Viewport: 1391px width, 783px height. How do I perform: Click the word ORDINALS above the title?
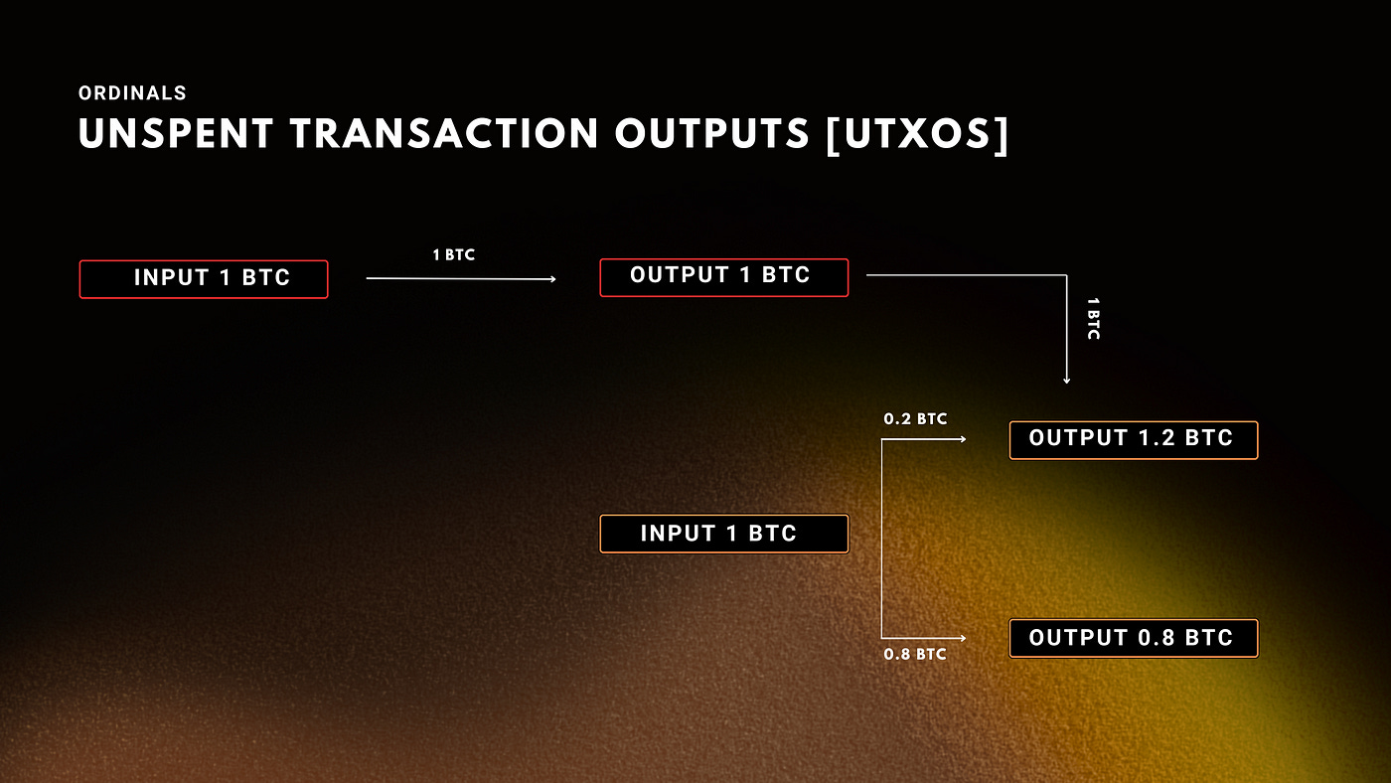(x=132, y=93)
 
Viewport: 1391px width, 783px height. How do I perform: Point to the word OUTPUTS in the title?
(x=712, y=134)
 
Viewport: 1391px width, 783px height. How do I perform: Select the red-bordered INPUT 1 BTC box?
(x=204, y=279)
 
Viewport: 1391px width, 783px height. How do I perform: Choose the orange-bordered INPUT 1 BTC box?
(x=724, y=534)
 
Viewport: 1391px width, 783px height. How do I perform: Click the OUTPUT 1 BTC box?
(x=724, y=277)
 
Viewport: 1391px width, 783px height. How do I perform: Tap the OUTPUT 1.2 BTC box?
(x=1134, y=440)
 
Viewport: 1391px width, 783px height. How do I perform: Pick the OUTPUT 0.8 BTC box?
(x=1134, y=638)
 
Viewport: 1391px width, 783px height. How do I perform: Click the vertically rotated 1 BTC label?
(x=1093, y=318)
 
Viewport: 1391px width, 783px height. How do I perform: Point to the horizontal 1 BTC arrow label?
(x=454, y=255)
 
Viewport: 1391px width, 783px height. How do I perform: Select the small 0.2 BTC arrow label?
(x=915, y=419)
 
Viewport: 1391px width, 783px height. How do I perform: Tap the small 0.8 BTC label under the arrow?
(x=915, y=655)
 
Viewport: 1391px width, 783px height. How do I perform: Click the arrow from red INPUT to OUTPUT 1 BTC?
(x=461, y=279)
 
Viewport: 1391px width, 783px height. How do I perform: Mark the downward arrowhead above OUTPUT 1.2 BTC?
(x=1066, y=380)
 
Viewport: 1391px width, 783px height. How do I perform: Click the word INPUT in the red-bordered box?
(x=170, y=278)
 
